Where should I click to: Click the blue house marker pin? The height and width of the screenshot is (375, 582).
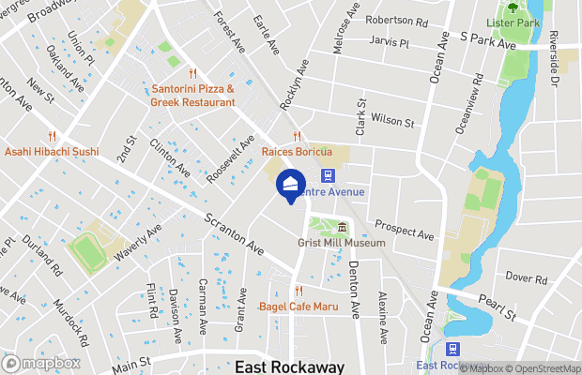pos(290,185)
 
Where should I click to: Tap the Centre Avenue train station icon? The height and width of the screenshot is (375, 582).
pos(329,175)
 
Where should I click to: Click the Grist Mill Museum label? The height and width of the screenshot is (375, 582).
pos(342,243)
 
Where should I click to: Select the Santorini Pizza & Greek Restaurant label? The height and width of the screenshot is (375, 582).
pos(193,96)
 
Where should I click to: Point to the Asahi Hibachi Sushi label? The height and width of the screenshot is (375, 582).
pos(52,151)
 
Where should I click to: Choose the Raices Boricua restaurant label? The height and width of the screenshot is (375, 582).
pos(297,151)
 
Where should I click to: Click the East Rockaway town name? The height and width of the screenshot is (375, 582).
pos(290,367)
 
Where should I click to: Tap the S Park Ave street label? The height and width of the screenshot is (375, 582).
pos(488,44)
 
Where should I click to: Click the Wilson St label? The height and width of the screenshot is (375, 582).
pos(392,120)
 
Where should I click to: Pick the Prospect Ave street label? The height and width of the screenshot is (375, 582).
pos(404,229)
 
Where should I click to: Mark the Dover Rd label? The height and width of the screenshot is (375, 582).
pos(526,278)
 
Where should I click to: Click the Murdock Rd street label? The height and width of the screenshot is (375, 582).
pos(70,322)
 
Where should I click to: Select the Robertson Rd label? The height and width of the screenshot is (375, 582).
pos(397,20)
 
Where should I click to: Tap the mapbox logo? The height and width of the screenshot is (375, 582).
pos(41,363)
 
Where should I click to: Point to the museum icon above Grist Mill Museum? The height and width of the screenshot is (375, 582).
pos(342,228)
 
